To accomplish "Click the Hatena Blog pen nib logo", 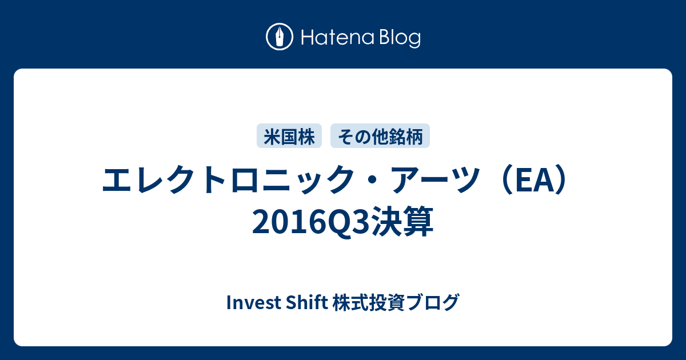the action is tap(280, 37).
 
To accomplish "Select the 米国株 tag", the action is tap(289, 136).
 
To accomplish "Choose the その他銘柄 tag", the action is tap(380, 136).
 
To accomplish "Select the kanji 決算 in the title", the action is tap(402, 222).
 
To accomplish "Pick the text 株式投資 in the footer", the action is tap(369, 302).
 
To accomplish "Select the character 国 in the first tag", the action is tap(289, 136).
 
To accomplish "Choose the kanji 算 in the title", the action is tap(418, 222).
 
